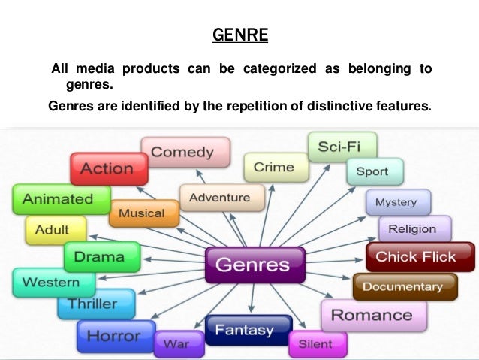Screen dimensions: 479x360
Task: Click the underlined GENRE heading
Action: [239, 35]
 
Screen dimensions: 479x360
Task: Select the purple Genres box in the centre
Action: [252, 265]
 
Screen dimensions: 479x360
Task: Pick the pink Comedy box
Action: [182, 152]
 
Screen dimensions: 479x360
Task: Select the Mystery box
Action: [396, 203]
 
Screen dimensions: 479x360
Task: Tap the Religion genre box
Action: [412, 228]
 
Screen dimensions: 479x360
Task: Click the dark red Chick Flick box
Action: [415, 257]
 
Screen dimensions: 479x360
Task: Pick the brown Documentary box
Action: [402, 286]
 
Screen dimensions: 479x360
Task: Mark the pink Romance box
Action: [372, 315]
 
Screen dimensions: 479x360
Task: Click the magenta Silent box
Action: [315, 343]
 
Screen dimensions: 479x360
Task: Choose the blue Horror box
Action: [114, 335]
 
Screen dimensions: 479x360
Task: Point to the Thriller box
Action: [93, 304]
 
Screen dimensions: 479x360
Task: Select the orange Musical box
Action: [143, 213]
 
